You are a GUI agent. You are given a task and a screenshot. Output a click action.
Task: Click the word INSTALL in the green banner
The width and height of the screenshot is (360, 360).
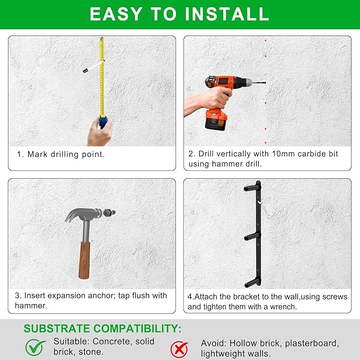point(227,14)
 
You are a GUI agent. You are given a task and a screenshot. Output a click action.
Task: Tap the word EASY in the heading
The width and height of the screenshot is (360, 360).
point(116,14)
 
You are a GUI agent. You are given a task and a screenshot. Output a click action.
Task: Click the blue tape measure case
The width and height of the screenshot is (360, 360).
point(103,122)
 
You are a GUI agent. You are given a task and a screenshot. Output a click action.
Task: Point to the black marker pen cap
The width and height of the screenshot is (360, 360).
point(86,71)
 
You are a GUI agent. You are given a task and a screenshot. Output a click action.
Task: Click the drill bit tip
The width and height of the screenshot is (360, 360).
point(265,82)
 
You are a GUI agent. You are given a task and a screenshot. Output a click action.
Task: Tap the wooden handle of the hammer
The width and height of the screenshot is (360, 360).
point(84,260)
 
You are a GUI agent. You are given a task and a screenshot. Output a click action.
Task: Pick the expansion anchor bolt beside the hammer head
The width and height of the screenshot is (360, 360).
point(109,213)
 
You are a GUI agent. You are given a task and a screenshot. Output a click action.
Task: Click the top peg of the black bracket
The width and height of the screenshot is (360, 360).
point(252,188)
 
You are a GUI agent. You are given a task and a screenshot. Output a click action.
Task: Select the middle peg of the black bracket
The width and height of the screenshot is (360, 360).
point(252,236)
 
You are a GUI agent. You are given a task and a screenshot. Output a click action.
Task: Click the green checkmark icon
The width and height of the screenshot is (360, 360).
point(35,347)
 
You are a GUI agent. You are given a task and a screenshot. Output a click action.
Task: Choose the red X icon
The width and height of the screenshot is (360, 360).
point(179,349)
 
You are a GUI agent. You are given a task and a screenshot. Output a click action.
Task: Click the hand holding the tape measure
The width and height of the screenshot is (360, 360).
point(100,132)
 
